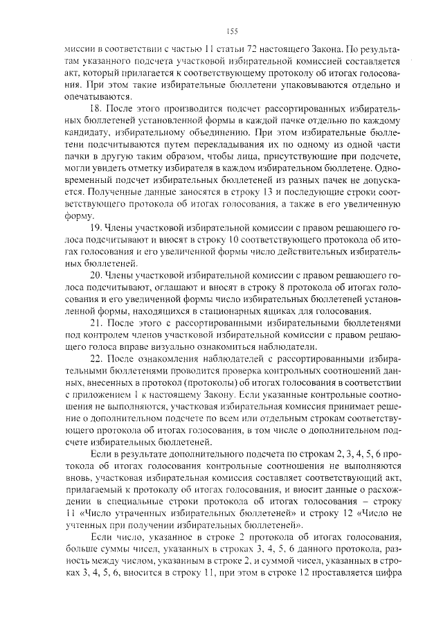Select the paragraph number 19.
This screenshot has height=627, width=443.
point(97,227)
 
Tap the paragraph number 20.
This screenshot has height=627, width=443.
point(97,275)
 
